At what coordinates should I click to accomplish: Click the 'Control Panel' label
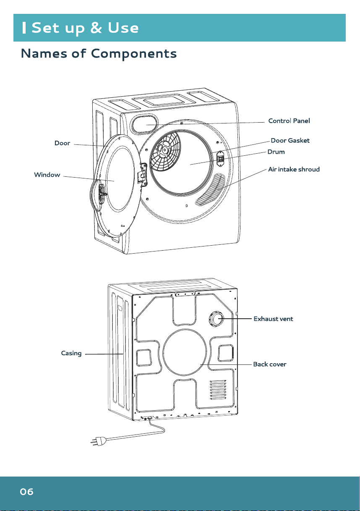click(x=289, y=121)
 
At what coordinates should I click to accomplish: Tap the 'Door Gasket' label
click(x=290, y=140)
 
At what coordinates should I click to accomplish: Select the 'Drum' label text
click(x=276, y=152)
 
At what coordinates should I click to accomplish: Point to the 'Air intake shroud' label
click(x=294, y=169)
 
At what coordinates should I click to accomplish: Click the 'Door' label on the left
click(x=62, y=143)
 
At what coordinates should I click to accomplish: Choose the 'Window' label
click(x=47, y=175)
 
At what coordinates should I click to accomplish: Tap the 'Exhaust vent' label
click(x=273, y=319)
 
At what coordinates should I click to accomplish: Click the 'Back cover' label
click(x=270, y=364)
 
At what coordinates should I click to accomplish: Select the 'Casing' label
click(x=71, y=353)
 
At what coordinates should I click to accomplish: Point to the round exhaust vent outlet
click(x=216, y=318)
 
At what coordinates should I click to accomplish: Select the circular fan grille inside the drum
click(x=164, y=150)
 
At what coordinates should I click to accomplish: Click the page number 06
click(x=26, y=492)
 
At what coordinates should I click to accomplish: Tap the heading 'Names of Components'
click(x=99, y=54)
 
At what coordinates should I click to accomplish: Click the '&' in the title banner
click(x=96, y=28)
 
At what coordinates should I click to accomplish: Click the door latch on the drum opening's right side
click(x=220, y=158)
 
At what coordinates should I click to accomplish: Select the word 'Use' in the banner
click(x=123, y=28)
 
